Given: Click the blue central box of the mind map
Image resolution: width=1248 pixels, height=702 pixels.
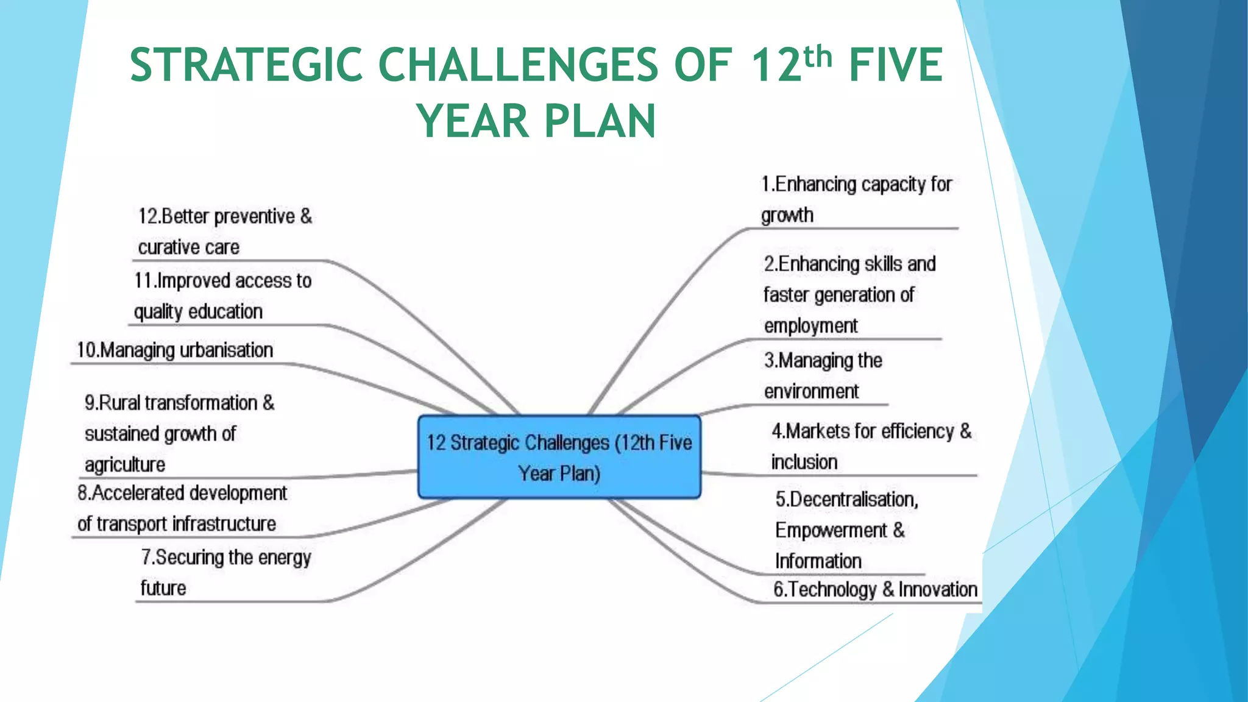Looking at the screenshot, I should click(x=559, y=457).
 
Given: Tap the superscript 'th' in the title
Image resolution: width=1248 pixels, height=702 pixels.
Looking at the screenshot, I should click(x=817, y=57).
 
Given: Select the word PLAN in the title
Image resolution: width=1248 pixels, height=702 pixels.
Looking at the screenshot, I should click(x=600, y=121).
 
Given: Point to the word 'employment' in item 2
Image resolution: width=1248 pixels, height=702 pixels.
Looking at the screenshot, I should click(x=810, y=326).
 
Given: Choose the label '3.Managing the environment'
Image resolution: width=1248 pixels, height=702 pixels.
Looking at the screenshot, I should click(x=823, y=375).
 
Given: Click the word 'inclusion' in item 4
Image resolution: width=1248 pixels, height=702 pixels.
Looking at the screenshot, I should click(x=804, y=462).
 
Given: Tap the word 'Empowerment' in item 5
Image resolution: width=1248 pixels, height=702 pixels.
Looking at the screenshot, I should click(x=831, y=530).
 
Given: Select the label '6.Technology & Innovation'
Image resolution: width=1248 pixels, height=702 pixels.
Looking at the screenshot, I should click(x=874, y=589).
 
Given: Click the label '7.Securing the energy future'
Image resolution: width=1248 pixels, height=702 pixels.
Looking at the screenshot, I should click(x=225, y=572).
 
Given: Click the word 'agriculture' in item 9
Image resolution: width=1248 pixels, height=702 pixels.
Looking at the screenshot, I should click(x=125, y=465).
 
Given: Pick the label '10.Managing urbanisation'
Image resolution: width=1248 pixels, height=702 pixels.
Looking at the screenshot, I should click(x=174, y=350).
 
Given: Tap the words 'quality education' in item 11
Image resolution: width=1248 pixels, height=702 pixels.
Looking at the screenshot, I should click(x=198, y=311).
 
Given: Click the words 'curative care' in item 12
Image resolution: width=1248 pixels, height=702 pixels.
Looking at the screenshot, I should click(x=188, y=247).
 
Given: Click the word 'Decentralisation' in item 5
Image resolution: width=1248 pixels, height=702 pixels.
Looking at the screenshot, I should click(x=846, y=500).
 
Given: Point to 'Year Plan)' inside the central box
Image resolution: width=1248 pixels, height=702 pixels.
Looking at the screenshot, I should click(x=559, y=473).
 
